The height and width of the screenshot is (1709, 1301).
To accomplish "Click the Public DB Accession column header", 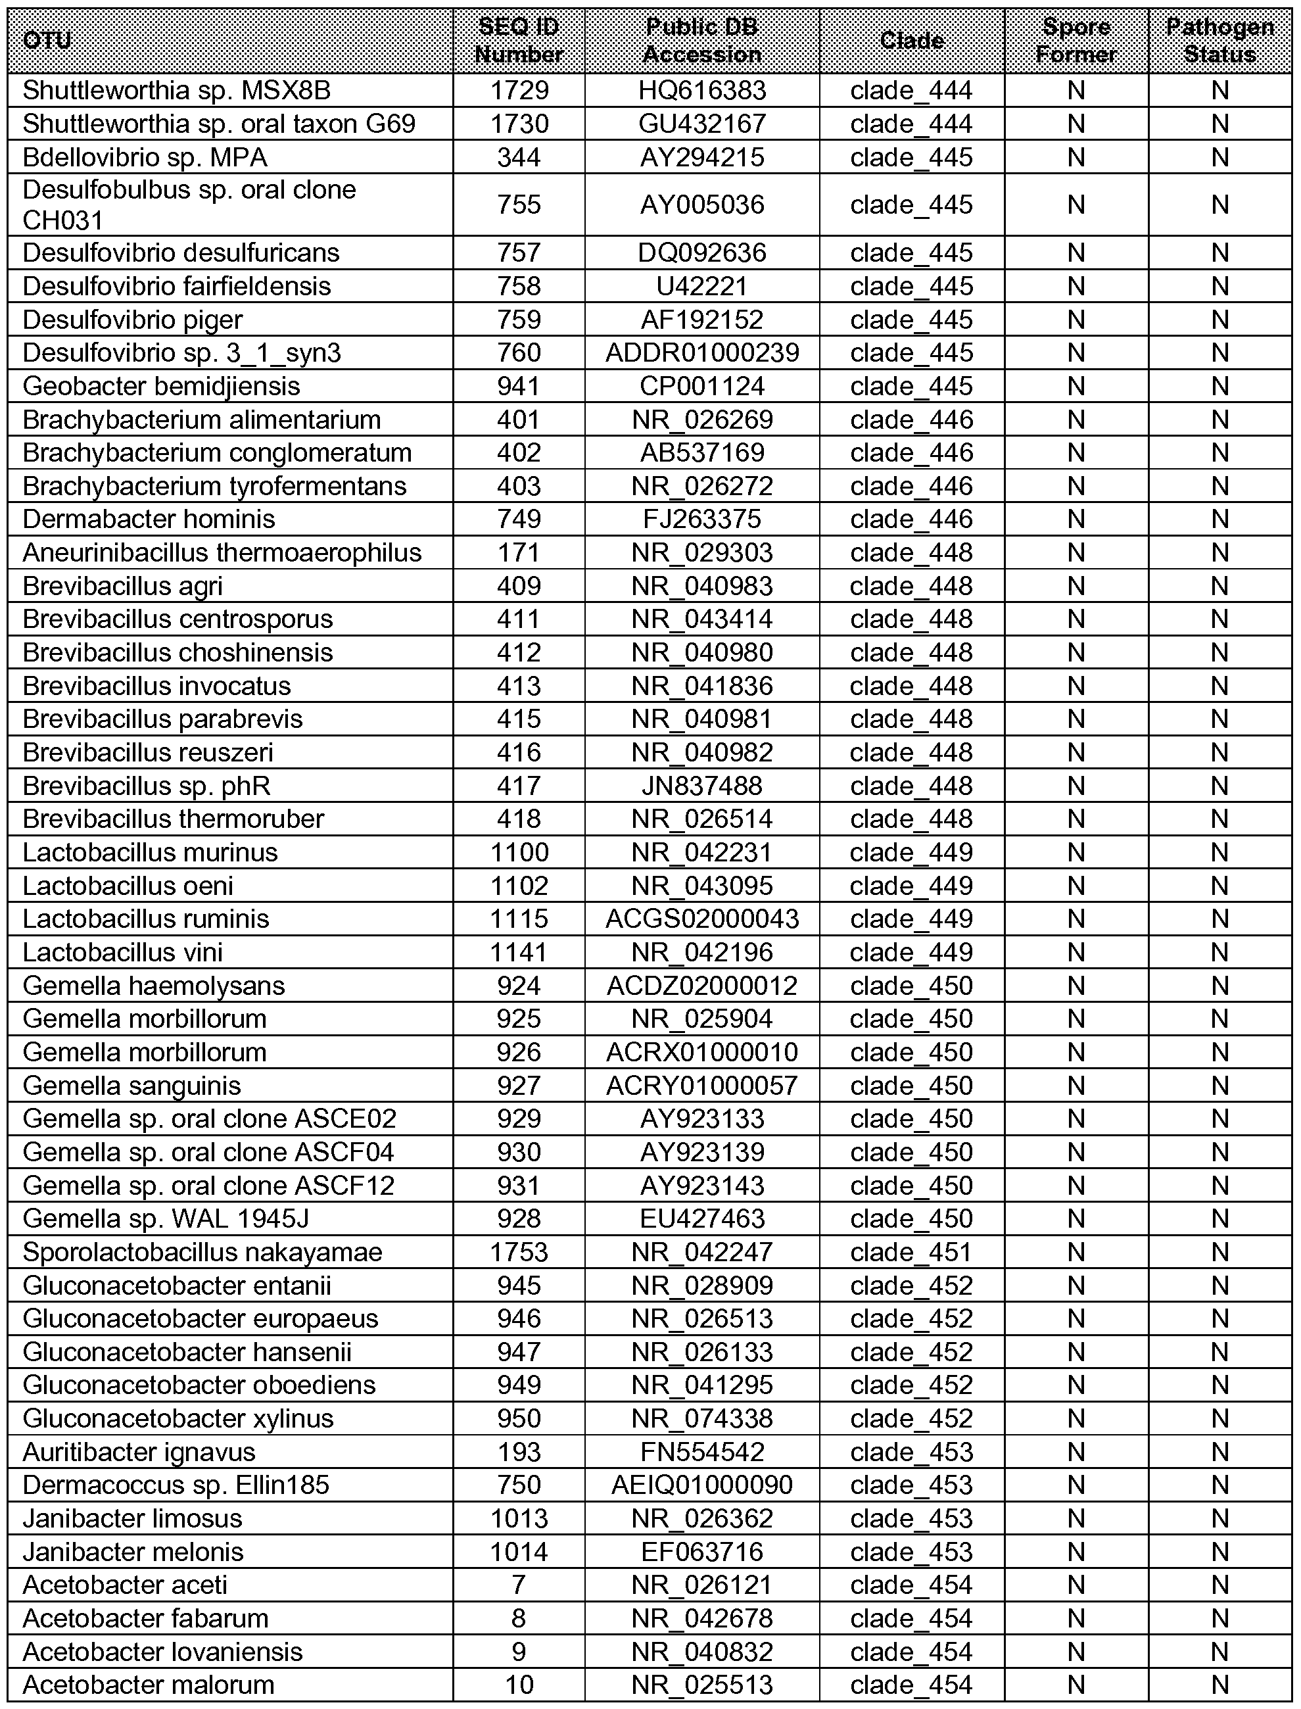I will coord(701,40).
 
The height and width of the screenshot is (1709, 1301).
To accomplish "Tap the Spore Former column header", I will coord(1076,40).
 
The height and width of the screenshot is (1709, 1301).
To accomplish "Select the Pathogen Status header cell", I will coord(1219,40).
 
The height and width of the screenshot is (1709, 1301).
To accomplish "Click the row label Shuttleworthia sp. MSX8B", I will coord(177,91).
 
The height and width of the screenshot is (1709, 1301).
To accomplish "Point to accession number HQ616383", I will coord(701,91).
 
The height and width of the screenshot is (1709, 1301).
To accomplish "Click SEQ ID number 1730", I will coord(519,124).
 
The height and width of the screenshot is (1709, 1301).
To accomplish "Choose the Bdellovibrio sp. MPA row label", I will coord(145,157).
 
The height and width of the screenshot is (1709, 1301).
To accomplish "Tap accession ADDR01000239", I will coord(701,352).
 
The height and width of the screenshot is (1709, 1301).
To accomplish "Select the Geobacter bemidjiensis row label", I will coord(161,386).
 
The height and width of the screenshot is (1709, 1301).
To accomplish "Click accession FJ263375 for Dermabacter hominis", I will coord(701,519).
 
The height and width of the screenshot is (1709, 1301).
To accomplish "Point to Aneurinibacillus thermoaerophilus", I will coord(222,552).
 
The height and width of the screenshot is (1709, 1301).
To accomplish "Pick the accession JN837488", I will coord(701,786).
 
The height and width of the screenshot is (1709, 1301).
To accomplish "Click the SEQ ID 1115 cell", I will coord(519,919).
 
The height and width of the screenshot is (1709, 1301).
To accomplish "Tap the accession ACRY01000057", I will coord(701,1086).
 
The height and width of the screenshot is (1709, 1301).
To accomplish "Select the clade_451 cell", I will coord(911,1252).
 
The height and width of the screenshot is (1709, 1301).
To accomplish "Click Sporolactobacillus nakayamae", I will coord(202,1252).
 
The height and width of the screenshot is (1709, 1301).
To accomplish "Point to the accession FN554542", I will coord(701,1452).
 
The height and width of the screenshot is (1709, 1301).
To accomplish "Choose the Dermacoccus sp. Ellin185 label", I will coord(176,1485).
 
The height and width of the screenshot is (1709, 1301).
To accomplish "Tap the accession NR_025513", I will coord(701,1685).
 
